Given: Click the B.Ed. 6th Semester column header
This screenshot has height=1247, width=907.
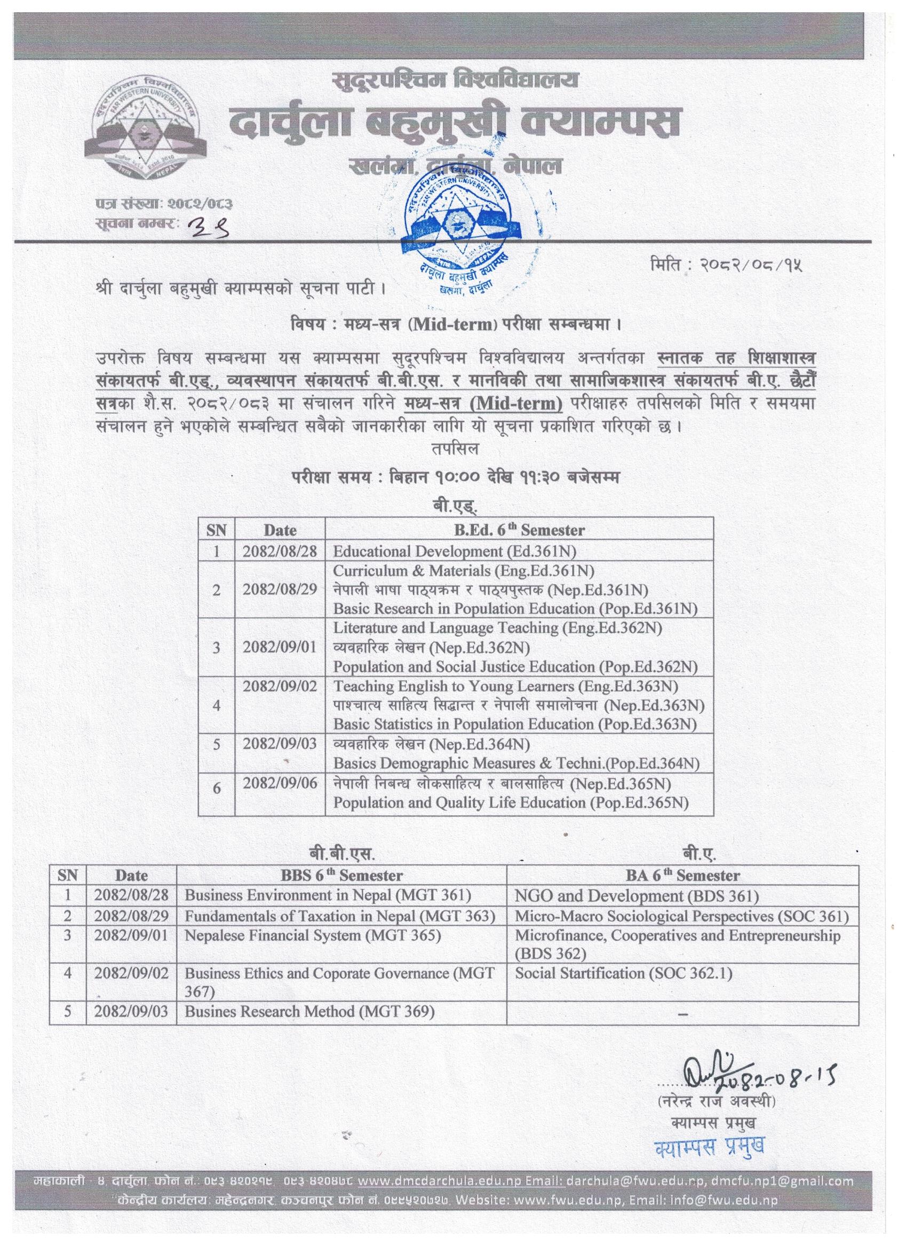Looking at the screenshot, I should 519,530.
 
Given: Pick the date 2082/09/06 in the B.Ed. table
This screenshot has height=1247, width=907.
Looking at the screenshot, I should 280,784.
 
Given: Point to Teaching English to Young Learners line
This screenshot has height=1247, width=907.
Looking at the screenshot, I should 505,686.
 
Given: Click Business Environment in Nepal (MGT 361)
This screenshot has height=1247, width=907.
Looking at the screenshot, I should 328,895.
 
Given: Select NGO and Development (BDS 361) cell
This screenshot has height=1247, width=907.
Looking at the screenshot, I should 637,896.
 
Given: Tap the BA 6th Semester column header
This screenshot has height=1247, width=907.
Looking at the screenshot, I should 682,875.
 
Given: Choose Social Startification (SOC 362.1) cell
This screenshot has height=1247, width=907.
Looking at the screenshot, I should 623,973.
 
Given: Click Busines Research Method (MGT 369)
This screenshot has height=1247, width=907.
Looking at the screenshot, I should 309,1011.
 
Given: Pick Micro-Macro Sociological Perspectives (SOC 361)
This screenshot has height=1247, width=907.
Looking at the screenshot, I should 681,916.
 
